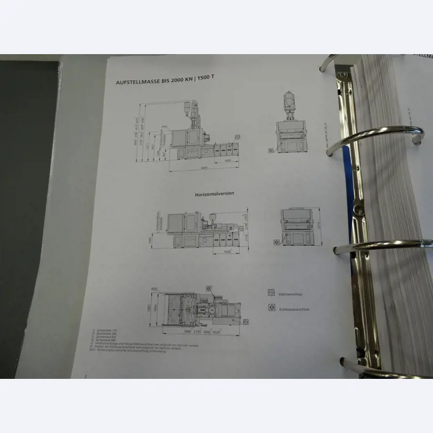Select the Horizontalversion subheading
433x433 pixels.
pos(214,193)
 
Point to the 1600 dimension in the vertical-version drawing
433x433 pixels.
pos(227,161)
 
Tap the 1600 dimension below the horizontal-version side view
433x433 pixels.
pos(227,251)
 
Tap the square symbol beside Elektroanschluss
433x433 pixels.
pos(271,293)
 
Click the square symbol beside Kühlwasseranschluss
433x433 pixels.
pos(271,308)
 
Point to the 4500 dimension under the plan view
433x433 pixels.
pos(232,332)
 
